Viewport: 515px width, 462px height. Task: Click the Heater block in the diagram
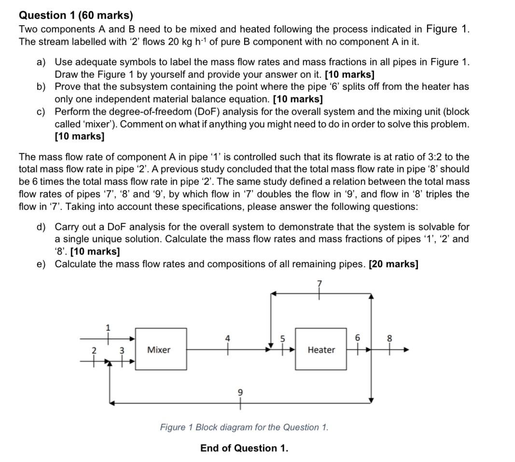tap(321, 349)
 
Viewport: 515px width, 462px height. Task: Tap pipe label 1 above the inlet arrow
tap(108, 327)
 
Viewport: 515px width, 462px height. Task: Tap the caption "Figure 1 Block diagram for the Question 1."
tap(244, 427)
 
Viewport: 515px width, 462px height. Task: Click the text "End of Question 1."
tap(244, 448)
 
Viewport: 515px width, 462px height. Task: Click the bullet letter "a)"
tap(42, 62)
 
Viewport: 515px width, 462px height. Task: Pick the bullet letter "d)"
tap(42, 227)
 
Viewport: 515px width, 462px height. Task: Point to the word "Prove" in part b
tap(68, 87)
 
